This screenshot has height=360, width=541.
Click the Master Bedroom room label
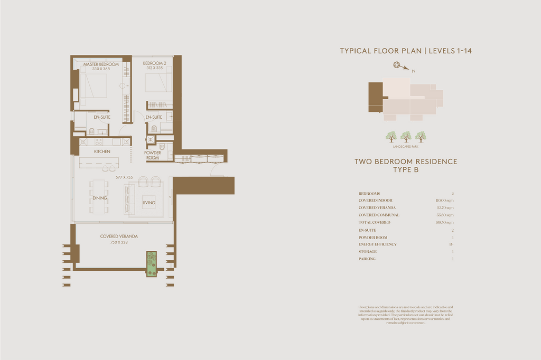pyautogui.click(x=101, y=64)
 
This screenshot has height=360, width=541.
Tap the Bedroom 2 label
pyautogui.click(x=154, y=63)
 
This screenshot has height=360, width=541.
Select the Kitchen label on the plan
pyautogui.click(x=102, y=151)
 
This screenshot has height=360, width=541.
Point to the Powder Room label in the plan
pyautogui.click(x=152, y=155)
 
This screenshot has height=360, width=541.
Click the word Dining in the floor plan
pyautogui.click(x=100, y=198)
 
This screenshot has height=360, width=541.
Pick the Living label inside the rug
pyautogui.click(x=149, y=203)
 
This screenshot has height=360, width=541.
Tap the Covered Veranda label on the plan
pyautogui.click(x=119, y=236)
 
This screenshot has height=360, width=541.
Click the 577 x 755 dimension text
pyautogui.click(x=124, y=177)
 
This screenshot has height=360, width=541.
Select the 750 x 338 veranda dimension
pyautogui.click(x=119, y=242)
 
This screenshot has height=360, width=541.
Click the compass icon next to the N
pyautogui.click(x=397, y=65)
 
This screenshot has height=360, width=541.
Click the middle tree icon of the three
pyautogui.click(x=406, y=137)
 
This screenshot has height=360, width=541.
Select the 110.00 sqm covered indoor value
pyautogui.click(x=444, y=201)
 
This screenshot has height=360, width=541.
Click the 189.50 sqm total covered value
pyautogui.click(x=444, y=223)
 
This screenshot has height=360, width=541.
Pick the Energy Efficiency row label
pyautogui.click(x=377, y=244)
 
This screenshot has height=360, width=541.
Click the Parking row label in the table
pyautogui.click(x=367, y=259)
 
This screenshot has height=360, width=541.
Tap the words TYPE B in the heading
pyautogui.click(x=406, y=170)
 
